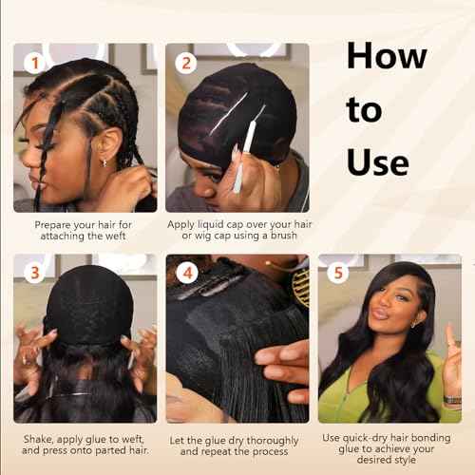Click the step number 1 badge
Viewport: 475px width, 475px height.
point(34,63)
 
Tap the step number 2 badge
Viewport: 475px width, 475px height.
point(186,63)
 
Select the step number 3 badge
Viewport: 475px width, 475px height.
point(34,273)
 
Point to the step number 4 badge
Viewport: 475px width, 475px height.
point(187,273)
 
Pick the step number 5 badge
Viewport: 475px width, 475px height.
point(338,273)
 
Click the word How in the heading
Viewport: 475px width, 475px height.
point(387,56)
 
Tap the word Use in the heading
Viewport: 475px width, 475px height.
point(377,162)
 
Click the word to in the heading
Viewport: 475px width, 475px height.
point(364,109)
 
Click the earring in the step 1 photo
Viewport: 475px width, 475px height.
point(104,162)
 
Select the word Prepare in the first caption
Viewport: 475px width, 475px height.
point(52,225)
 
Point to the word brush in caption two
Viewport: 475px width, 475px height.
point(283,236)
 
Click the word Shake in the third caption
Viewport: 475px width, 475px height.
point(38,440)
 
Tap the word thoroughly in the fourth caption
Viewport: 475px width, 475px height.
point(273,441)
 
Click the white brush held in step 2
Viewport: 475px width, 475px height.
point(244,150)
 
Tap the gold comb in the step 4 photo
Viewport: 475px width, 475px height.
point(301,288)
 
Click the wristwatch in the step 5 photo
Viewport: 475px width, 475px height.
point(452,401)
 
